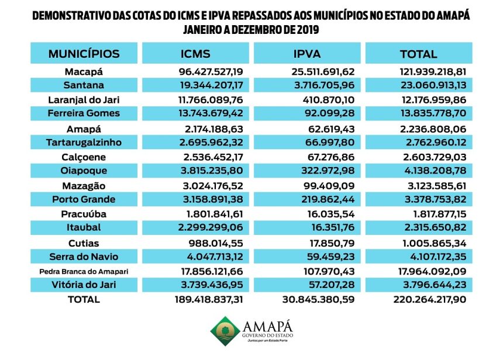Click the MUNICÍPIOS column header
(84, 54)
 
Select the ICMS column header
(195, 54)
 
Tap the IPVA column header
(307, 54)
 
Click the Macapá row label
(84, 71)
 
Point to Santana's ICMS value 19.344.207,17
(211, 85)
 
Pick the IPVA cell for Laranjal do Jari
(329, 100)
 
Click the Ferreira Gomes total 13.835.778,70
(433, 113)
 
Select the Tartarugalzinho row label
(84, 143)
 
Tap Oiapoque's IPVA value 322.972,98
(328, 170)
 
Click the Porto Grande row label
(84, 199)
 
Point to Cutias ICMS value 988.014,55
(216, 243)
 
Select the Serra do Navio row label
(84, 257)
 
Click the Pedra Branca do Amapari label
(84, 272)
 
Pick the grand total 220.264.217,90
(430, 299)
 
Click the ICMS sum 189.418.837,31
(209, 299)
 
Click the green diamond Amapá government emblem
(225, 331)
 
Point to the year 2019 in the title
(308, 30)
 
